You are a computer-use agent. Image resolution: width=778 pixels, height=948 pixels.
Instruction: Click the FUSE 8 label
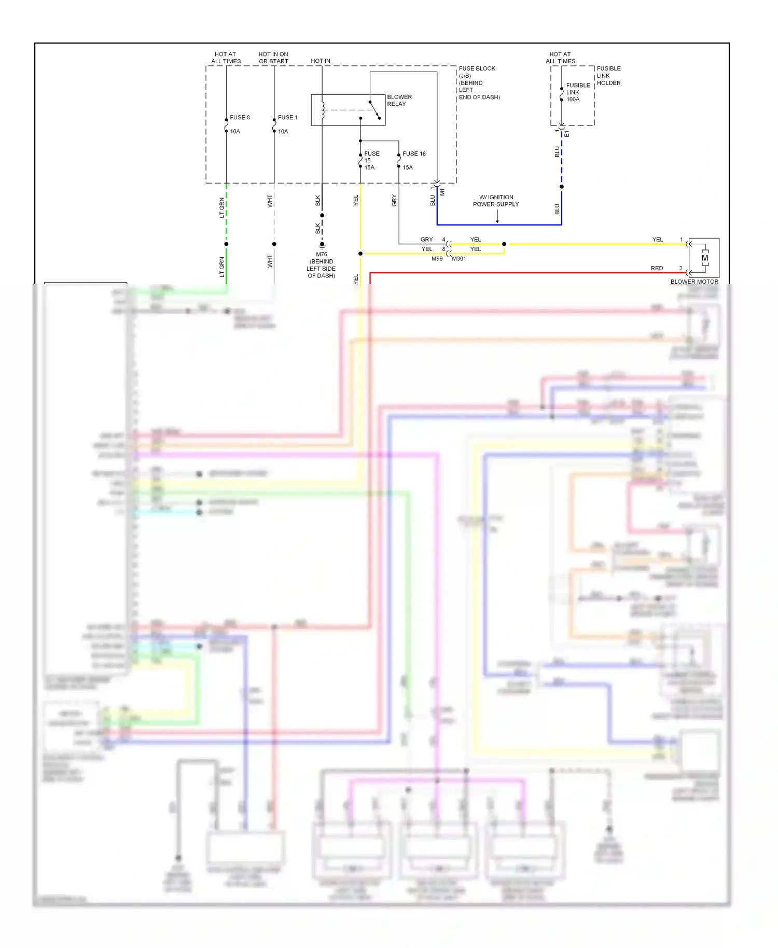(240, 118)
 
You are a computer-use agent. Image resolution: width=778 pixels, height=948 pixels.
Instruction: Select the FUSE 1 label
(287, 118)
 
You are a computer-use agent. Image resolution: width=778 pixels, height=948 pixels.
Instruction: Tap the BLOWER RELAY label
(399, 101)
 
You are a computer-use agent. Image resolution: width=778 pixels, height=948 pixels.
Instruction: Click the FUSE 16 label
(414, 154)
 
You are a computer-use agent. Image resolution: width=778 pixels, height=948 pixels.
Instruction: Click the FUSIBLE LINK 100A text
(577, 92)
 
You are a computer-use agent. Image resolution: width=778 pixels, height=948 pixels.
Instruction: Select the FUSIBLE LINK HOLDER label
(608, 76)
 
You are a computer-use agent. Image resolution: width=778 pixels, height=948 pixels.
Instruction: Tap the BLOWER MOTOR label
(694, 282)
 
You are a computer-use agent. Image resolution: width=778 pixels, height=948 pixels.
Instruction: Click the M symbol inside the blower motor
(704, 258)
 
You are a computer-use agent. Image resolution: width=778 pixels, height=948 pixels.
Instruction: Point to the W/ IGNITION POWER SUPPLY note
(496, 201)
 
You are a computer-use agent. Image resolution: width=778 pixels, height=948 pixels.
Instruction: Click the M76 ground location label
(321, 265)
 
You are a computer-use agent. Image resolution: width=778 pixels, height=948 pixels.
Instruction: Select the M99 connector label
(437, 259)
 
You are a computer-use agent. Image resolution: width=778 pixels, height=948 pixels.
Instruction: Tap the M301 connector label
(459, 259)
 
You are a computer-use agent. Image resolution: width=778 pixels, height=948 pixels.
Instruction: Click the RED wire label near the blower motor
(657, 268)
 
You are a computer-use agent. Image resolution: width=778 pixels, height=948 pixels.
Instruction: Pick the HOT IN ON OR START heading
(273, 58)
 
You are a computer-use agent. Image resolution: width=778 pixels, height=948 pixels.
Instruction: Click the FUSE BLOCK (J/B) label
(477, 72)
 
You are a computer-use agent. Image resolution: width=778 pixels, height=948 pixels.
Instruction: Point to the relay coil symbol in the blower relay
(323, 109)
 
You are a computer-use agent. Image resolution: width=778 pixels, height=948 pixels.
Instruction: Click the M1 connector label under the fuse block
(442, 192)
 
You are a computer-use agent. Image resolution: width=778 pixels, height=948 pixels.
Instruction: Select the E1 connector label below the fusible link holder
(567, 134)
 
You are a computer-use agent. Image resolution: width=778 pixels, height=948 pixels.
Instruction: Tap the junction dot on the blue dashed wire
(561, 187)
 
